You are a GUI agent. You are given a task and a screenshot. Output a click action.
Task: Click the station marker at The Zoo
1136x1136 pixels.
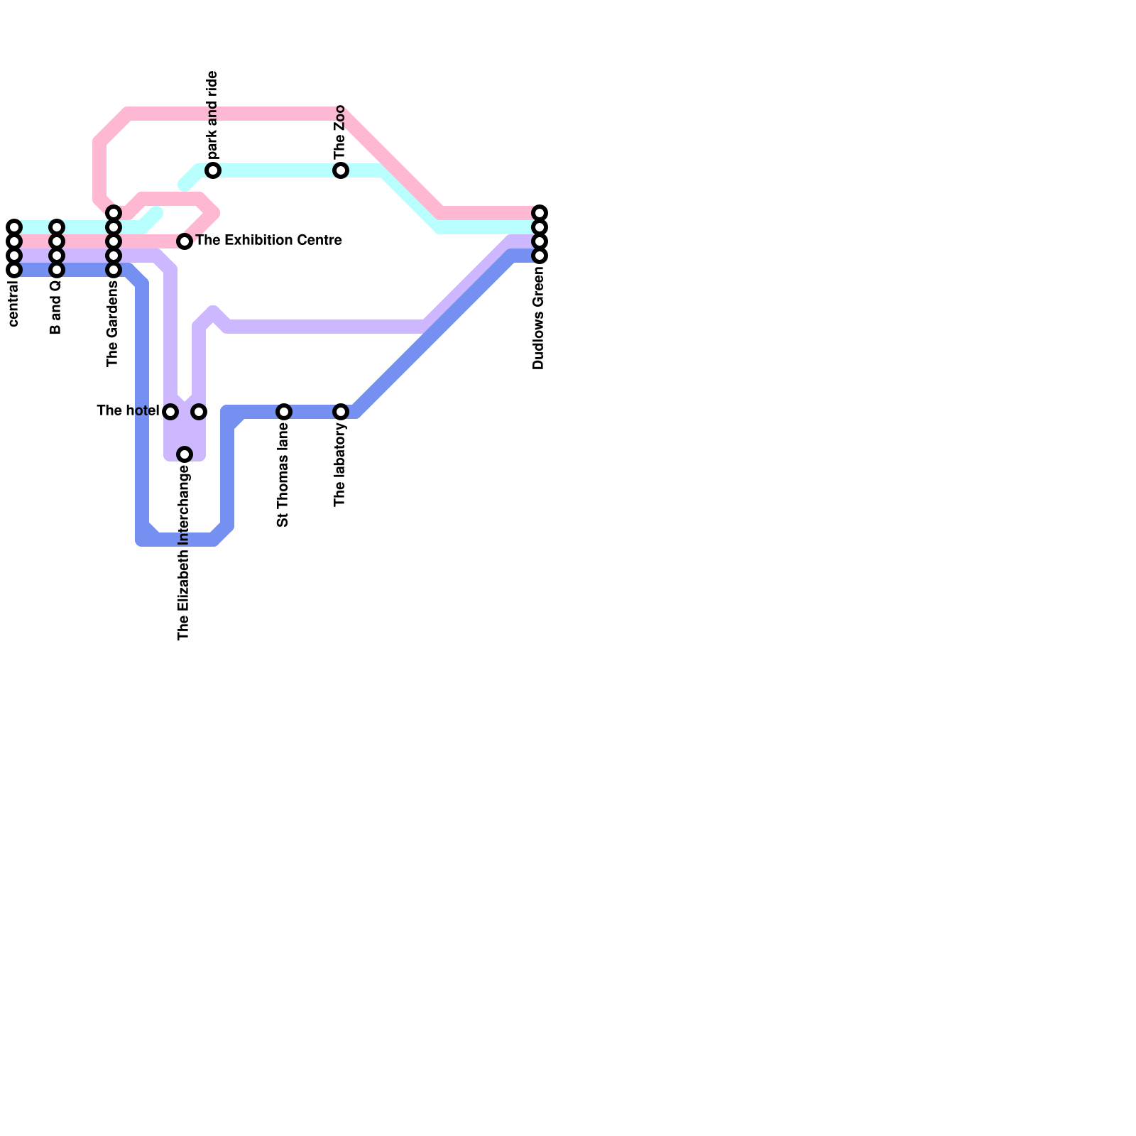pos(341,170)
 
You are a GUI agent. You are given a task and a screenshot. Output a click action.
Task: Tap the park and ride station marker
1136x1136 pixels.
pos(213,170)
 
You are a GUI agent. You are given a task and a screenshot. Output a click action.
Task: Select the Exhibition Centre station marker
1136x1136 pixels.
pos(185,241)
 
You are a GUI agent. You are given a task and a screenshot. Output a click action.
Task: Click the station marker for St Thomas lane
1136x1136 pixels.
pos(284,412)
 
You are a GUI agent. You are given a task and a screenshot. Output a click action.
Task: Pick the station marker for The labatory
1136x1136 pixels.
pos(341,412)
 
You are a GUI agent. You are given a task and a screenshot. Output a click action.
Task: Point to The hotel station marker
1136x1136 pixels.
pos(170,412)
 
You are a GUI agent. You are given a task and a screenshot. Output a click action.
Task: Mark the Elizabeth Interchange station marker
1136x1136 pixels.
pos(185,454)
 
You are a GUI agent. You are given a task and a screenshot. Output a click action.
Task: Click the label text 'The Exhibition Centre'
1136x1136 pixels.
pos(268,241)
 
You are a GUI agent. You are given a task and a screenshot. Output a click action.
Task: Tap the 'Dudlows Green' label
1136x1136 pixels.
pos(538,318)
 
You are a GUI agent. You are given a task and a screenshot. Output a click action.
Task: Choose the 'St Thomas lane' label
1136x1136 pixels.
pos(283,475)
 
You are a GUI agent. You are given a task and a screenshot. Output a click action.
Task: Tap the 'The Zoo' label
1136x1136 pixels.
pos(339,133)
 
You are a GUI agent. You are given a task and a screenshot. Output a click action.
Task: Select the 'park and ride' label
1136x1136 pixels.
pos(212,116)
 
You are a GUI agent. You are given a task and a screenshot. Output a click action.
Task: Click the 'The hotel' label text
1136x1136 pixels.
pos(128,410)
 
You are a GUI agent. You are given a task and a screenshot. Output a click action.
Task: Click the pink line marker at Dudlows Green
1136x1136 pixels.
pos(540,213)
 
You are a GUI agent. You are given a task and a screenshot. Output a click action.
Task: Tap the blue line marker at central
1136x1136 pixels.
pos(14,270)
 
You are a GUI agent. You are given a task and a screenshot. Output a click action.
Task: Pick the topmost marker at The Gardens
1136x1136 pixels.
pos(114,213)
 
